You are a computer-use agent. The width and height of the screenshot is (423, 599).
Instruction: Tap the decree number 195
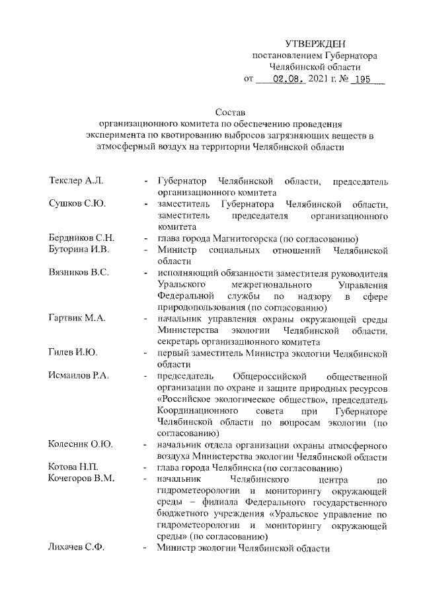point(362,79)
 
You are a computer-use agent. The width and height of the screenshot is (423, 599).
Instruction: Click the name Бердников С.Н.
point(82,238)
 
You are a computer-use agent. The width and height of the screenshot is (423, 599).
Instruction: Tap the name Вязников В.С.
point(79,273)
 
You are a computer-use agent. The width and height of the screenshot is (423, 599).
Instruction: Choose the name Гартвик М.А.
point(78,319)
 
